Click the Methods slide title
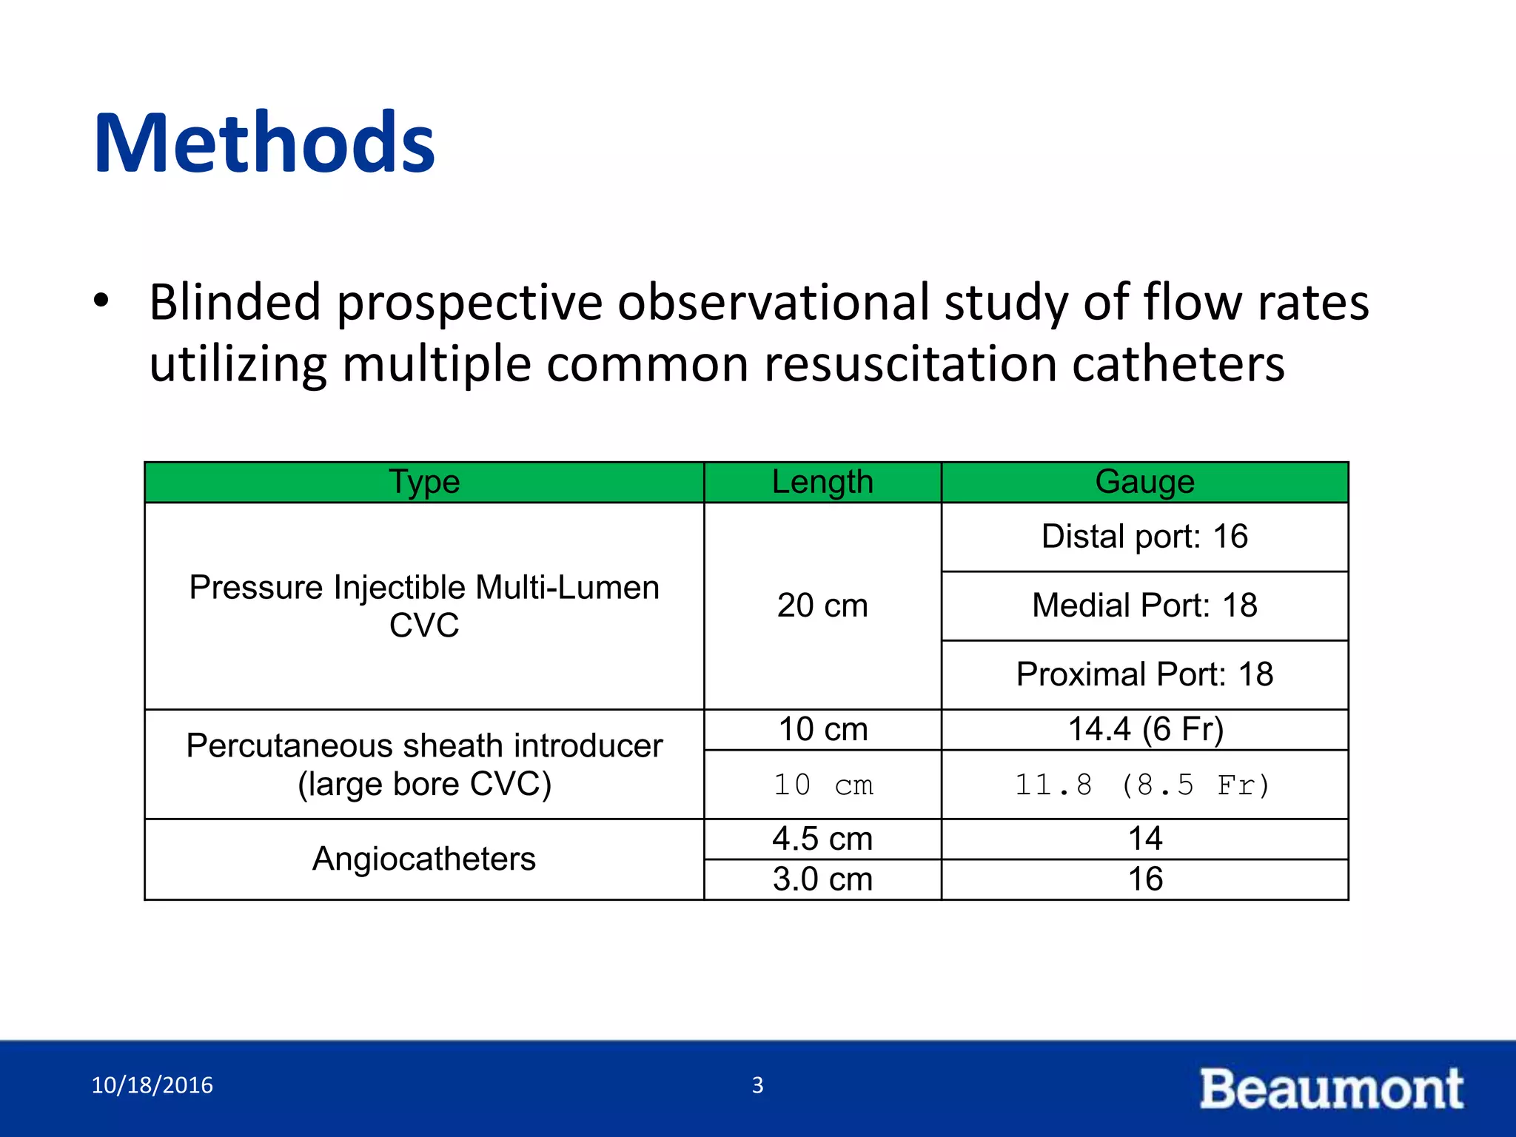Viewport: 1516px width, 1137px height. coord(264,142)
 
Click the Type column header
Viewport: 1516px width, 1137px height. coord(424,482)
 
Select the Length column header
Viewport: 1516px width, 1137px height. coord(822,482)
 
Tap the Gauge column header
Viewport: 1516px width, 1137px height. coord(1144,482)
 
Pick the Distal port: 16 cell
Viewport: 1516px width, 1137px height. coord(1144,536)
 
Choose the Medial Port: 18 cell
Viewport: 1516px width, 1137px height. coord(1144,605)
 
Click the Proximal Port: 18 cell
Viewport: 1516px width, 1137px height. coord(1144,674)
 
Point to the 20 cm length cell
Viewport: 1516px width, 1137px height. coord(822,606)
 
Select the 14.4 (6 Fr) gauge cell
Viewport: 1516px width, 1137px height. coord(1145,729)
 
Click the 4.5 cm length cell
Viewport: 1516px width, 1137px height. coord(822,839)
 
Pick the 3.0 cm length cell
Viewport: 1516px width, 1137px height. coord(822,879)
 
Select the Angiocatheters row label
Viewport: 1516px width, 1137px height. coord(423,859)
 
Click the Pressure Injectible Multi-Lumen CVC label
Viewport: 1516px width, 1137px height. coord(424,606)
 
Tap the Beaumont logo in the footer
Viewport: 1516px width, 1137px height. coord(1331,1088)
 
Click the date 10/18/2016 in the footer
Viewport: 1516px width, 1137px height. coord(152,1085)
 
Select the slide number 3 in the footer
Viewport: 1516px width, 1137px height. coord(757,1085)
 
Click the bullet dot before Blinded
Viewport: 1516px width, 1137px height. coord(101,301)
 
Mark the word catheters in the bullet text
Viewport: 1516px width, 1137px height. coord(1178,364)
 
